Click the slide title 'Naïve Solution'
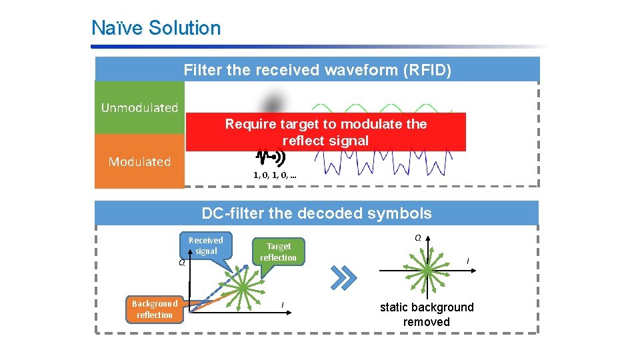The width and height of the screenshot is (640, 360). click(156, 28)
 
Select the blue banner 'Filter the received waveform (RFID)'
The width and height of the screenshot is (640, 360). click(317, 70)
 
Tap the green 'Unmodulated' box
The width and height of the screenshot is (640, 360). click(139, 107)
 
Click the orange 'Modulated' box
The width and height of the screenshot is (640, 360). click(139, 161)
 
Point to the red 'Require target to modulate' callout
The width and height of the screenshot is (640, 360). click(325, 132)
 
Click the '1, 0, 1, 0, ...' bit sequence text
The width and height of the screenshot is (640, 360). click(275, 175)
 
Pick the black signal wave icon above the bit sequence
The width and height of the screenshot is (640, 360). click(270, 157)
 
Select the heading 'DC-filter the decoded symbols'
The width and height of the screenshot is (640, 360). click(317, 213)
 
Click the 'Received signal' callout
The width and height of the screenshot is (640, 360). click(206, 245)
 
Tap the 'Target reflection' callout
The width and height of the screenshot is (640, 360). click(278, 252)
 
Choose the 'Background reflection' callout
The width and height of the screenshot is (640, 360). click(154, 309)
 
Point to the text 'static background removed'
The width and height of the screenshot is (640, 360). click(427, 314)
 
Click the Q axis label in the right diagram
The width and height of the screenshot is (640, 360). click(417, 237)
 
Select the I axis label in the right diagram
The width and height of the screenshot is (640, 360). click(467, 260)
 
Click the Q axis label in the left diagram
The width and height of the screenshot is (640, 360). click(181, 263)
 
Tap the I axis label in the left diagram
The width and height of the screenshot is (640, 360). click(283, 305)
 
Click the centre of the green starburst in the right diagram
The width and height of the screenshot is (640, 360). click(427, 270)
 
